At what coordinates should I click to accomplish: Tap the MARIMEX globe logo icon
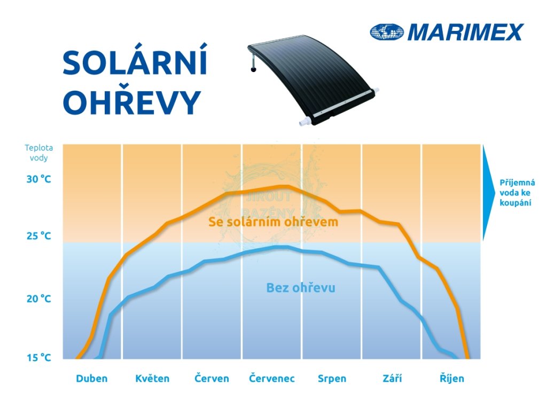coord(387,32)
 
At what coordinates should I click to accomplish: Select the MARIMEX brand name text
coord(465,32)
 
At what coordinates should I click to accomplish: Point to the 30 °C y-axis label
coord(38,179)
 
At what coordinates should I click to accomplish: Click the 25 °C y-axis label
coord(38,236)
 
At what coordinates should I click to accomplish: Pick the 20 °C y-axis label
coord(38,299)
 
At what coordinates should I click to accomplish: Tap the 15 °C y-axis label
coord(38,358)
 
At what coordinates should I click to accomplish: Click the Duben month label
coord(92,379)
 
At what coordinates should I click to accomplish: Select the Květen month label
coord(152,379)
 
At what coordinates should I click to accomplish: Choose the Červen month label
coord(212,379)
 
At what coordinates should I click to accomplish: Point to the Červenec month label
coord(272,379)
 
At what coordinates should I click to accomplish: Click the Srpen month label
coord(332,379)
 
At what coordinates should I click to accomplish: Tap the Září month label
coord(392,379)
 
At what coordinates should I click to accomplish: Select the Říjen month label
coord(452,379)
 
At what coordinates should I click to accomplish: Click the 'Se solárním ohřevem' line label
coord(273,222)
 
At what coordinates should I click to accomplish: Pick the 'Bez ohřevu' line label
coord(301,288)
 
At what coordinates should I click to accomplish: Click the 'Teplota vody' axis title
coord(38,153)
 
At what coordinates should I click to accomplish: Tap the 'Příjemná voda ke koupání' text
coord(517,193)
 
